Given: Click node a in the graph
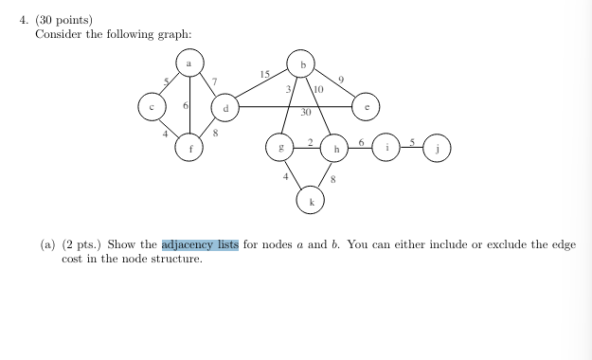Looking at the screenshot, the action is click(x=190, y=63).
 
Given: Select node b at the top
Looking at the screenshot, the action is click(x=301, y=63).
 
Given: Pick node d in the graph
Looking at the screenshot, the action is click(x=224, y=108).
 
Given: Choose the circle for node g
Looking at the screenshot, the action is click(x=279, y=149).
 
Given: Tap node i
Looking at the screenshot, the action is click(x=387, y=148).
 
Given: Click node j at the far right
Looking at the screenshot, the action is click(x=438, y=148).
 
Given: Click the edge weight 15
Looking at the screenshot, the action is click(x=264, y=74).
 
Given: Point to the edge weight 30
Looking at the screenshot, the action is click(x=306, y=113).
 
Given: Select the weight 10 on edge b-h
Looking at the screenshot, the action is click(x=317, y=90).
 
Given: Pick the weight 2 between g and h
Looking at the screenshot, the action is click(x=309, y=141).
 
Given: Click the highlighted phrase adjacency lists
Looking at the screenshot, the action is click(x=200, y=244).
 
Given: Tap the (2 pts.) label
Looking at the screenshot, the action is click(x=82, y=244).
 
